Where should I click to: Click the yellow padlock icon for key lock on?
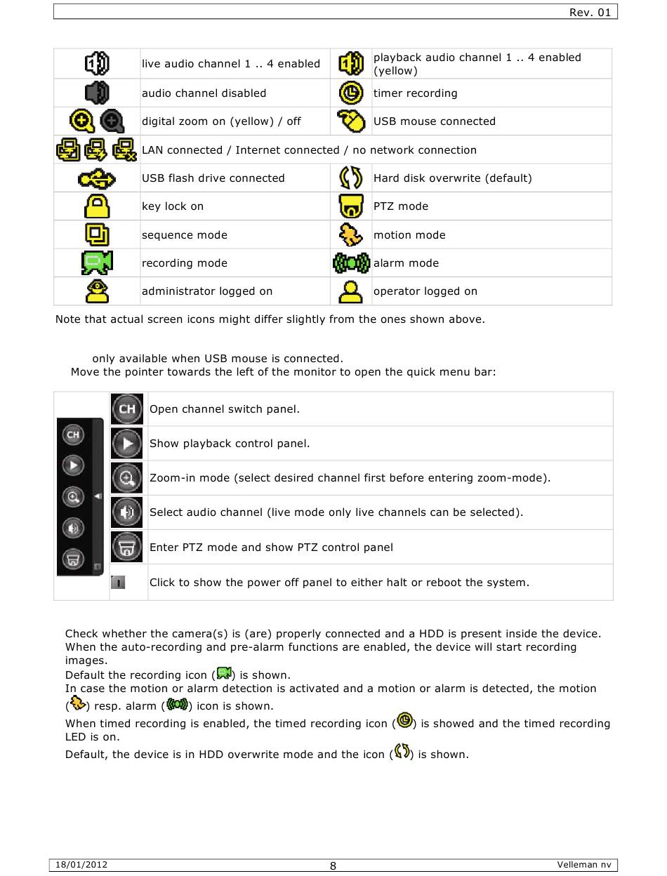pos(97,206)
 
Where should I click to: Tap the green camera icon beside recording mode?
pos(97,263)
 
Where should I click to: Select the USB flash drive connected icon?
pos(97,178)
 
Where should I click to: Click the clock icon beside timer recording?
pos(351,93)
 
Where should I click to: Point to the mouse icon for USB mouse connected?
pos(351,121)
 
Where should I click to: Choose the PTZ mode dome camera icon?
pos(351,206)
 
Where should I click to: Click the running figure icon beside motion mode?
pos(351,234)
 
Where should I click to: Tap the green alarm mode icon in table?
pos(351,263)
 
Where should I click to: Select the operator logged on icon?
pos(351,291)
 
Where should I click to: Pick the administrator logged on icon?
pos(97,291)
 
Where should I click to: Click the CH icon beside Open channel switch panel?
pos(127,409)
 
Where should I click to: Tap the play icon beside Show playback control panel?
pos(127,444)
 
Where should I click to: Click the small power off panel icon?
pos(118,582)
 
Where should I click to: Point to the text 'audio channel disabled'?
pos(204,93)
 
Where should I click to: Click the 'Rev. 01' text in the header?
pos(590,12)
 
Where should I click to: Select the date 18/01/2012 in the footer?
pos(82,865)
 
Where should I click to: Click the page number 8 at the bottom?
pos(333,865)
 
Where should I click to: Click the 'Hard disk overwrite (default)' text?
pos(452,178)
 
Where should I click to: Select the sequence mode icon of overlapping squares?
pos(97,234)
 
